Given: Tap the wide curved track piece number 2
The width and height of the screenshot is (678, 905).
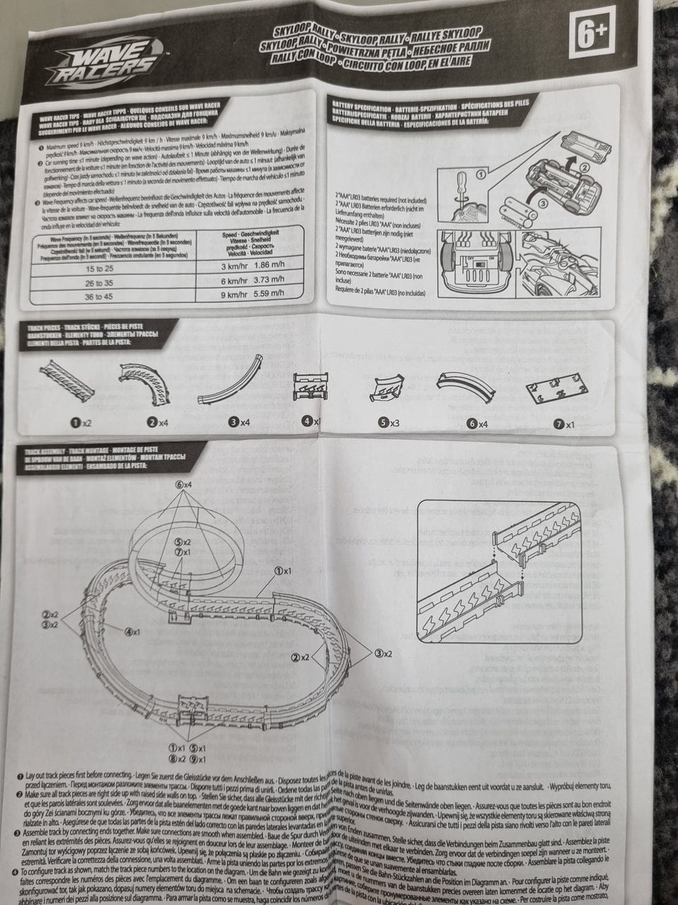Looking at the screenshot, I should pyautogui.click(x=147, y=382).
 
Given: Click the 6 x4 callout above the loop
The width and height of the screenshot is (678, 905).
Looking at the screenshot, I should pyautogui.click(x=185, y=485).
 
